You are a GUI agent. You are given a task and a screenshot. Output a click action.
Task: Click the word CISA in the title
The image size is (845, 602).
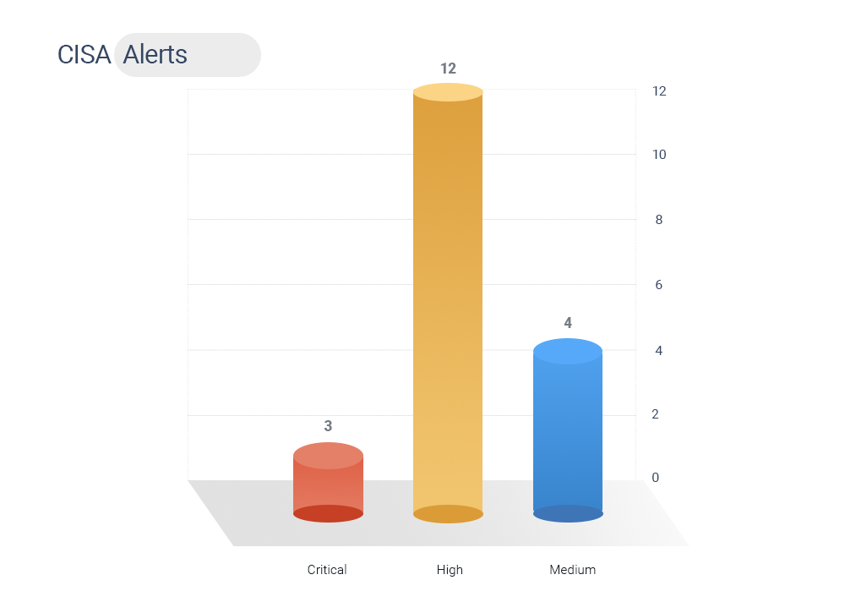(84, 54)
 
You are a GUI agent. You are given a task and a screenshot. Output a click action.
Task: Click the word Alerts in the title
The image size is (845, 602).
(155, 54)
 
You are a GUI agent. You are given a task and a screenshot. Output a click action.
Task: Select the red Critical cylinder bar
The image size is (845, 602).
(328, 482)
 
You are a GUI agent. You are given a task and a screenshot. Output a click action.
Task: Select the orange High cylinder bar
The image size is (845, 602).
(448, 303)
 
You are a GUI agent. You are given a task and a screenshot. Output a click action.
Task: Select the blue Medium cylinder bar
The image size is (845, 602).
(568, 430)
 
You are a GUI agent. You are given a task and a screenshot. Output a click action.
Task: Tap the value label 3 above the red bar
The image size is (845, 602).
(328, 426)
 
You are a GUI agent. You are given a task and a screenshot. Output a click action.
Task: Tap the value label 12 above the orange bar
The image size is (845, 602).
(448, 68)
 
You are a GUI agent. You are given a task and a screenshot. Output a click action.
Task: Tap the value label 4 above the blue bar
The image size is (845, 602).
(568, 323)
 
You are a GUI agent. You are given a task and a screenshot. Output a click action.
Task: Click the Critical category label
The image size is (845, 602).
(327, 570)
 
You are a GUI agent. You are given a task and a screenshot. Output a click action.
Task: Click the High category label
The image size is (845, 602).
(450, 570)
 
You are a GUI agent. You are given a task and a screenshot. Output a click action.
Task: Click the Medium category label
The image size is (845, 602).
(572, 570)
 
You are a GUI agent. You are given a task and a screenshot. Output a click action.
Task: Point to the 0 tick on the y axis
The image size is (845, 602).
(656, 478)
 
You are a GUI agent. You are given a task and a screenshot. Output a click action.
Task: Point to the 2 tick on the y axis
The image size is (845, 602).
(656, 414)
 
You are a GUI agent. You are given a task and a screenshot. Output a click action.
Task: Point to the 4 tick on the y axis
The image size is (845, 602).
(658, 351)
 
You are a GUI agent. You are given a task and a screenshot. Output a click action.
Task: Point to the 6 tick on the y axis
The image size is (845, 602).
(658, 285)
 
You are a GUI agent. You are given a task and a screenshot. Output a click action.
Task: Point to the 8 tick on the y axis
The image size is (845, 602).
(658, 220)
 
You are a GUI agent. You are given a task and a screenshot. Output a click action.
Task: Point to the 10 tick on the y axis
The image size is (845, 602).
(659, 155)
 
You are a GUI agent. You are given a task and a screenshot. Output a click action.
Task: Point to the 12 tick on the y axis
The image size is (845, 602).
(659, 91)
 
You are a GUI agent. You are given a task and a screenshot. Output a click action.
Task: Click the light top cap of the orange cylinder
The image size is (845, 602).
(448, 92)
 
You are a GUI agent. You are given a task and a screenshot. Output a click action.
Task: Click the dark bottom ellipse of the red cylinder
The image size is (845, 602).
(328, 513)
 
